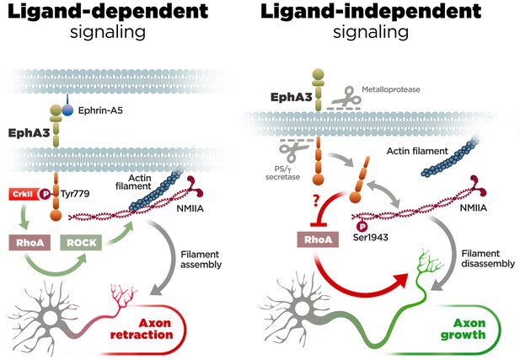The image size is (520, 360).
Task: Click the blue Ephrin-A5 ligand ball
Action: point(67,110)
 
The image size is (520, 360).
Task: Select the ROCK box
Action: point(81,243)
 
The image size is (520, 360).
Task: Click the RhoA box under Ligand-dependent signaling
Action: point(29,243)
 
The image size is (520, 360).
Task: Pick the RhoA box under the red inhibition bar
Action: point(318,239)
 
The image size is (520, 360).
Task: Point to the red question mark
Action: point(316,201)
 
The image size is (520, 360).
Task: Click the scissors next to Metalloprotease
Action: point(347,97)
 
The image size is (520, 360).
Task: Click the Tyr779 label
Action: point(75,193)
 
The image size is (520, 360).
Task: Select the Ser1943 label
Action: point(371,237)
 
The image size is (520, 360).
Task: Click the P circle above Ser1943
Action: point(362,226)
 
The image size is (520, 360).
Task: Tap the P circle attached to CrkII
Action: point(46,194)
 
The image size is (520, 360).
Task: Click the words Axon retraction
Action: point(142,329)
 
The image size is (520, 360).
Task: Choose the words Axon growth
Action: point(464,329)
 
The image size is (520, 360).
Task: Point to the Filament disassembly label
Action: point(488,259)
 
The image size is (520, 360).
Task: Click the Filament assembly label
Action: point(201,260)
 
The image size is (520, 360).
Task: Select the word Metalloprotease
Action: point(391,89)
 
